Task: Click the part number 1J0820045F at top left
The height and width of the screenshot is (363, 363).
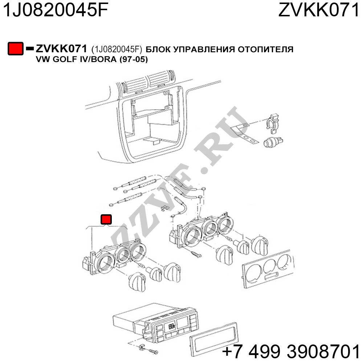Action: (x=55, y=10)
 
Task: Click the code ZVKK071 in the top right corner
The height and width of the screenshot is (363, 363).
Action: (x=319, y=10)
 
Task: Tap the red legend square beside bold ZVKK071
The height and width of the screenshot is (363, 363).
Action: (x=16, y=49)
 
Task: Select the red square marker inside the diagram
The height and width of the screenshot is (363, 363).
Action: (x=106, y=220)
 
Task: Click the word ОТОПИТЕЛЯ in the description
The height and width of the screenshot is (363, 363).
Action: (x=266, y=49)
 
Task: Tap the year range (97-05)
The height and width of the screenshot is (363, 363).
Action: (x=134, y=60)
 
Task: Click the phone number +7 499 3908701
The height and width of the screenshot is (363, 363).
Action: (x=290, y=351)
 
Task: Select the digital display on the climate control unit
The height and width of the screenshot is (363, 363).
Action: (x=172, y=327)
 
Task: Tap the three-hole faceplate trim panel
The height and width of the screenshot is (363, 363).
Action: (x=269, y=269)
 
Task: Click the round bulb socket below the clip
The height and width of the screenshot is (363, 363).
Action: (x=273, y=142)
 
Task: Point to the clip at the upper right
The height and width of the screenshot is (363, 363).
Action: (x=273, y=123)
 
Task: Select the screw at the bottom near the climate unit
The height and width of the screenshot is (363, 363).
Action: (x=154, y=352)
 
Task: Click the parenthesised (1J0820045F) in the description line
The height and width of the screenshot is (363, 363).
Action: (x=117, y=49)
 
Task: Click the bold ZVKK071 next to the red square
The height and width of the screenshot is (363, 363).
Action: (x=61, y=49)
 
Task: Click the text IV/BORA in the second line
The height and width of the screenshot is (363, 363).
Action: (x=98, y=60)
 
